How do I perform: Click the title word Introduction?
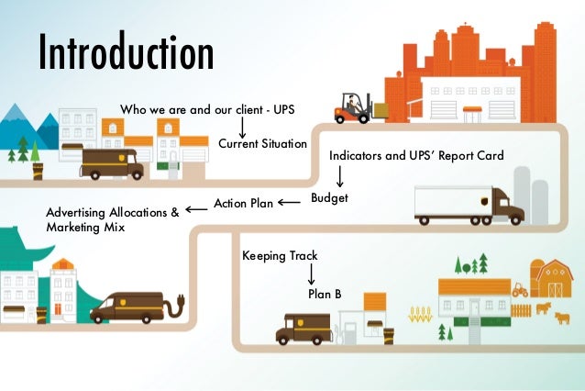click(x=125, y=53)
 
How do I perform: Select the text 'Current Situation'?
click(x=262, y=144)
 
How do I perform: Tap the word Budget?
click(x=329, y=197)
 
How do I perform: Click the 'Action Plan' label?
click(x=243, y=203)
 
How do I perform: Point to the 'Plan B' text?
click(x=324, y=294)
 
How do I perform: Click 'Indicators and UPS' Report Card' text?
click(x=416, y=155)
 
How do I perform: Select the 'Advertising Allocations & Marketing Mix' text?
click(x=112, y=219)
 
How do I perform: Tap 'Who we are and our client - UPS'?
click(x=208, y=110)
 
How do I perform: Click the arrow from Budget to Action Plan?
click(x=288, y=202)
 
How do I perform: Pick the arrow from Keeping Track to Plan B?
click(x=312, y=273)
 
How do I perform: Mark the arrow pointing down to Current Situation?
click(x=243, y=127)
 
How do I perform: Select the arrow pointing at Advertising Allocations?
click(x=196, y=209)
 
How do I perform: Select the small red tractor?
click(x=519, y=288)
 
